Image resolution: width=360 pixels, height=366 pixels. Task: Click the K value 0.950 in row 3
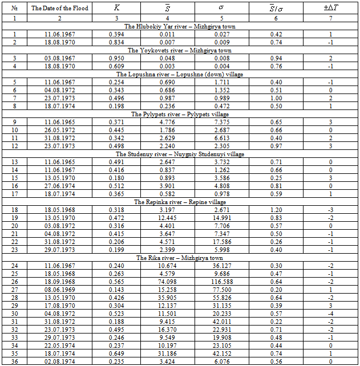117,58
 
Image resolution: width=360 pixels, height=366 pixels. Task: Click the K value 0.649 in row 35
117,353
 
